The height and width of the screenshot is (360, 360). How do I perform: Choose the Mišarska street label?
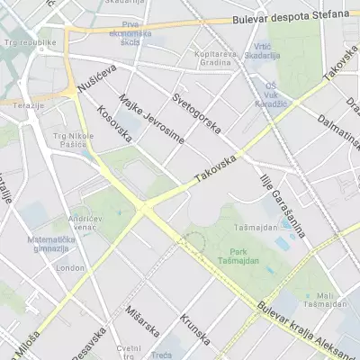(144, 320)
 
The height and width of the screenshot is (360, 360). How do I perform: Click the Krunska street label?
(194, 329)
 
